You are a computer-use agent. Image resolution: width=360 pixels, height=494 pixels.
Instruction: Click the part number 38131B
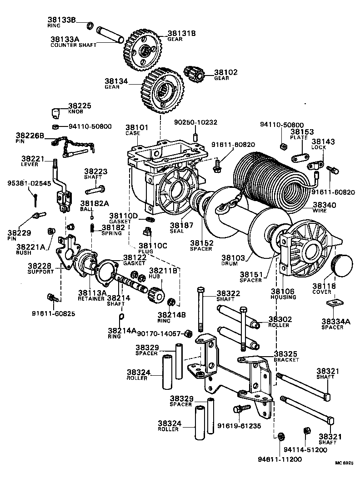click(x=182, y=33)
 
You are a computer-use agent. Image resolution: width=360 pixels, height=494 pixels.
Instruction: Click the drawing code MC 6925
click(x=344, y=463)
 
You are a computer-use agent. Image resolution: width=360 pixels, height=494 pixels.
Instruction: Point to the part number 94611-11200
click(x=281, y=459)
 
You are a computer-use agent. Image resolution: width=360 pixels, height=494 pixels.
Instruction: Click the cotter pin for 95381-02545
click(x=35, y=198)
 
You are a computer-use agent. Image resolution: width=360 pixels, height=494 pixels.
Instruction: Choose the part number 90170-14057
click(x=159, y=333)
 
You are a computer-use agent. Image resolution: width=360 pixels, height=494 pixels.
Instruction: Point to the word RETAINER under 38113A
click(x=91, y=298)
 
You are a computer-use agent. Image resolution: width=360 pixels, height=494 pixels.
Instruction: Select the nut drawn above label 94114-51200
click(x=306, y=431)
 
